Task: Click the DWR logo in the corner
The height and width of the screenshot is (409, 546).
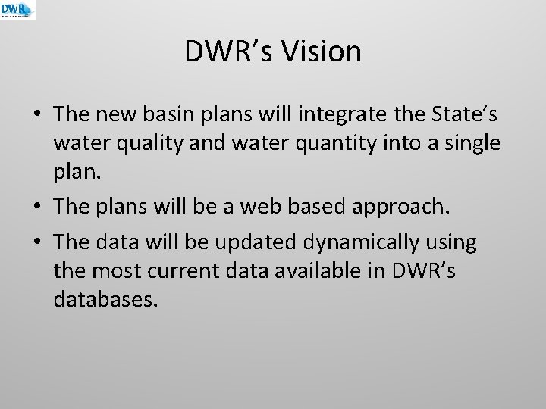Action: pos(18,10)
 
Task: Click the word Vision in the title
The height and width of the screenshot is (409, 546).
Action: pos(322,52)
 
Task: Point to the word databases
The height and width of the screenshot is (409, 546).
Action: pos(105,300)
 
